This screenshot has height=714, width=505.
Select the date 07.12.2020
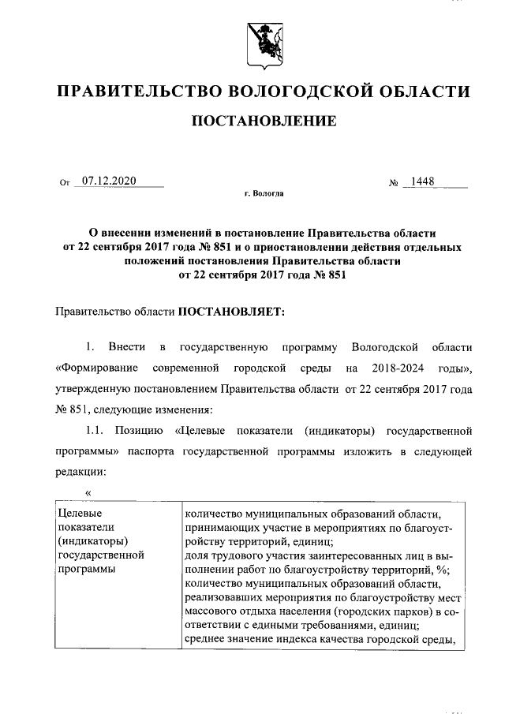coord(109,181)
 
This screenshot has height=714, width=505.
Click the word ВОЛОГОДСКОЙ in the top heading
coord(305,92)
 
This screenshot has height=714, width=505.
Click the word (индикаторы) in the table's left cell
coord(93,540)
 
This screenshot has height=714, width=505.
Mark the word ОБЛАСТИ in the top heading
coord(426,92)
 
